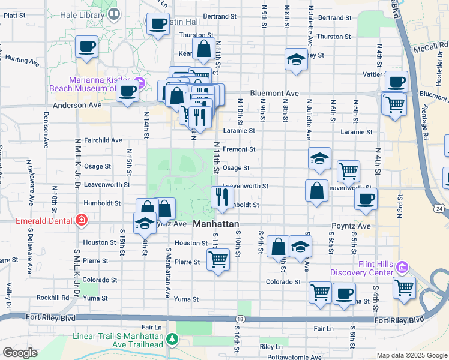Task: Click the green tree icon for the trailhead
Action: tap(173, 340)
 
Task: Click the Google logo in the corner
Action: tap(20, 352)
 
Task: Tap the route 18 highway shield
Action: tap(240, 319)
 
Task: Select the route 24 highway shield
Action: tap(440, 208)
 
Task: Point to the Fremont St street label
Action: tap(239, 149)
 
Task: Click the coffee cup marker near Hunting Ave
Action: tap(86, 46)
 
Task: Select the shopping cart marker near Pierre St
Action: tap(217, 259)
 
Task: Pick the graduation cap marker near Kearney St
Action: tap(295, 59)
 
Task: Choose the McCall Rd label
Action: tap(434, 44)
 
